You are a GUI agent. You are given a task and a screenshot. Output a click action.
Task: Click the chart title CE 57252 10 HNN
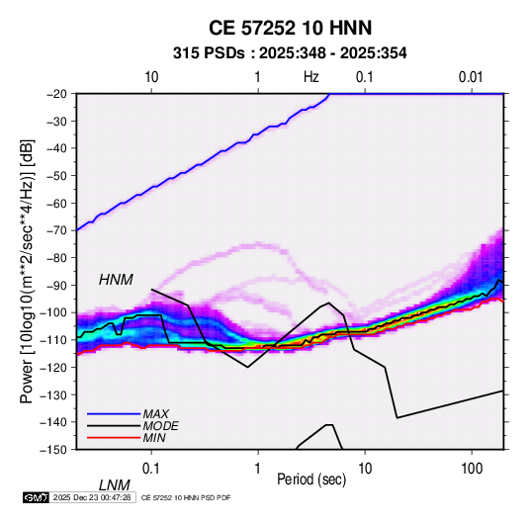[290, 28]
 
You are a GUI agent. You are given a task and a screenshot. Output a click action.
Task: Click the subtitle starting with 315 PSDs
[290, 53]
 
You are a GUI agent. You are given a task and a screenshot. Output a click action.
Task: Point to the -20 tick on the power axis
[56, 94]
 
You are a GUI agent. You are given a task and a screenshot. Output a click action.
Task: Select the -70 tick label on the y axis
[56, 230]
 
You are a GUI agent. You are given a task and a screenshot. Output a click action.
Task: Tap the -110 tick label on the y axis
[53, 340]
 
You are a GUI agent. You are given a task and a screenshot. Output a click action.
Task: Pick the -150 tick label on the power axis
[53, 450]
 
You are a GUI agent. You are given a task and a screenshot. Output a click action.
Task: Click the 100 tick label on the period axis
[472, 469]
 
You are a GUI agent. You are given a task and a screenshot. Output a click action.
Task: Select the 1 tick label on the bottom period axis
[258, 469]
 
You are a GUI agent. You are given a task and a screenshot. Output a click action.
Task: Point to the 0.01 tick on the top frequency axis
[471, 77]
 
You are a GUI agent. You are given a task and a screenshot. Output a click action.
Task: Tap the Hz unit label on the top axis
[311, 77]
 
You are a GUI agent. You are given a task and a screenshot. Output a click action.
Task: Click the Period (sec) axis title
[311, 479]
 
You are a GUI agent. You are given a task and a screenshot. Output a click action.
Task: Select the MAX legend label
[155, 413]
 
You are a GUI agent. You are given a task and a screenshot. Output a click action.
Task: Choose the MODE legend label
[160, 426]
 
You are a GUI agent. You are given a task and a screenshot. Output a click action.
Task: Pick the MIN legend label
[154, 438]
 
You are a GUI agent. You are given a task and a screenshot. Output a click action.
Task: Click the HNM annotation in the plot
[116, 280]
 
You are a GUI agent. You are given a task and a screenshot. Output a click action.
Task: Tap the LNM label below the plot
[114, 485]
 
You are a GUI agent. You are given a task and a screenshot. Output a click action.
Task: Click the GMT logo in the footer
[36, 497]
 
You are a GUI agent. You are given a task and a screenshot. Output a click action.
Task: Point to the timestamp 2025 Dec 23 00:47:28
[92, 497]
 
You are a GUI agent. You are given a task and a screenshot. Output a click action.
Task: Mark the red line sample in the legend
[114, 438]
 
